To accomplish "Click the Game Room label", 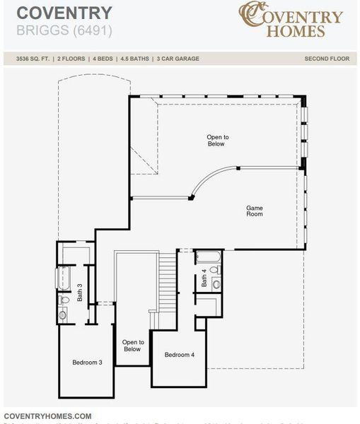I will coord(255,211).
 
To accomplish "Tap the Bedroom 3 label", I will coord(87,363).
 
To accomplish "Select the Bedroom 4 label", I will coord(179,355).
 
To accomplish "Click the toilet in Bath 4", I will coord(216,269).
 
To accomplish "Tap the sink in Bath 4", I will coord(216,284).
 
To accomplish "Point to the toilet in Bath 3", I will coord(64,300).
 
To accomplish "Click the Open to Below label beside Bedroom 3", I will coord(132,346).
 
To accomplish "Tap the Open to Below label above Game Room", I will coord(216,140).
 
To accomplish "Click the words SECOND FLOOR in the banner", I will coord(326,59).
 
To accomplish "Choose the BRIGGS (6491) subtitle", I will coord(64,31).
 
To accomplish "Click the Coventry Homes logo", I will coord(291,20).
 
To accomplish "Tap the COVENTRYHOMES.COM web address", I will coord(48,416).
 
